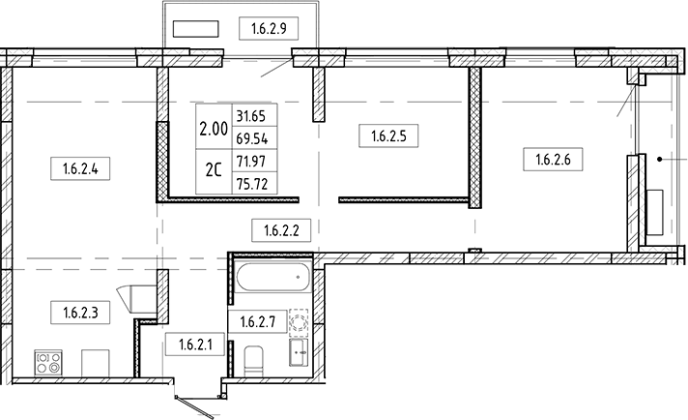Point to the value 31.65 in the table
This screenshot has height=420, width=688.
click(x=250, y=115)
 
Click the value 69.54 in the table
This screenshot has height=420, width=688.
click(x=250, y=138)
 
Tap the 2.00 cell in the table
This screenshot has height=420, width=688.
click(x=214, y=127)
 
